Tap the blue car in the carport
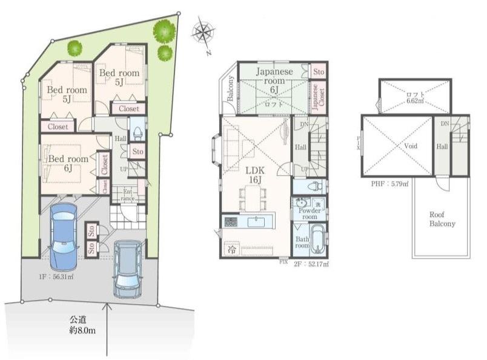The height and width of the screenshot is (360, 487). [x=63, y=236]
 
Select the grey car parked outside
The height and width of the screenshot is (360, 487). [x=128, y=267]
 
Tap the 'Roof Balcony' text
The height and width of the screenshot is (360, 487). [x=442, y=219]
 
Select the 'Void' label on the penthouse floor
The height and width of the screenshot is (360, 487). [x=397, y=145]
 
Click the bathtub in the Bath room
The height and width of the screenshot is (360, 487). [x=317, y=242]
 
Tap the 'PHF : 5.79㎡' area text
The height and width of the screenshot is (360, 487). [x=389, y=182]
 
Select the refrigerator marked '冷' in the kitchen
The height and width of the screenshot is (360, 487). [x=231, y=248]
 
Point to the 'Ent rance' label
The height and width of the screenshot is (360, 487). [x=128, y=194]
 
